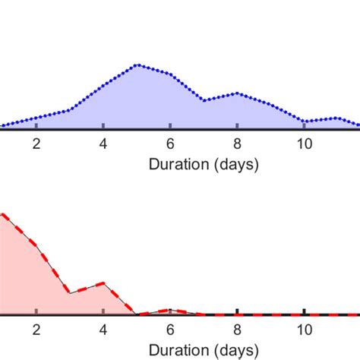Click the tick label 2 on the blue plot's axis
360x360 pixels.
click(x=36, y=144)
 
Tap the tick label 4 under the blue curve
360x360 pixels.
click(x=103, y=144)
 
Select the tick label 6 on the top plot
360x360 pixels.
click(x=170, y=144)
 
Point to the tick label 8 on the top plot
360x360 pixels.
click(x=237, y=144)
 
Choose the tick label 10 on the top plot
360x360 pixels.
click(x=304, y=144)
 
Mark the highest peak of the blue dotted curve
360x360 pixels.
click(x=137, y=65)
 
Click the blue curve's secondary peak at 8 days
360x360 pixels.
click(x=237, y=93)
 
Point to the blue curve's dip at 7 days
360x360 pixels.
click(x=204, y=100)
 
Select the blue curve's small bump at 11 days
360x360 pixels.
click(x=337, y=118)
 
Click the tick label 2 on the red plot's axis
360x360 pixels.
click(x=36, y=329)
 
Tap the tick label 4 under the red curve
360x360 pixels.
click(x=103, y=329)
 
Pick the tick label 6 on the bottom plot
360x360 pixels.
click(x=170, y=329)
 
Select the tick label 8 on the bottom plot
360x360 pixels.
click(x=237, y=329)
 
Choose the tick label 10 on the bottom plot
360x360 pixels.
click(x=304, y=329)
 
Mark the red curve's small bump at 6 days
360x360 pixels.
click(x=171, y=310)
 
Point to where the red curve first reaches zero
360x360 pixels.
click(x=137, y=314)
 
